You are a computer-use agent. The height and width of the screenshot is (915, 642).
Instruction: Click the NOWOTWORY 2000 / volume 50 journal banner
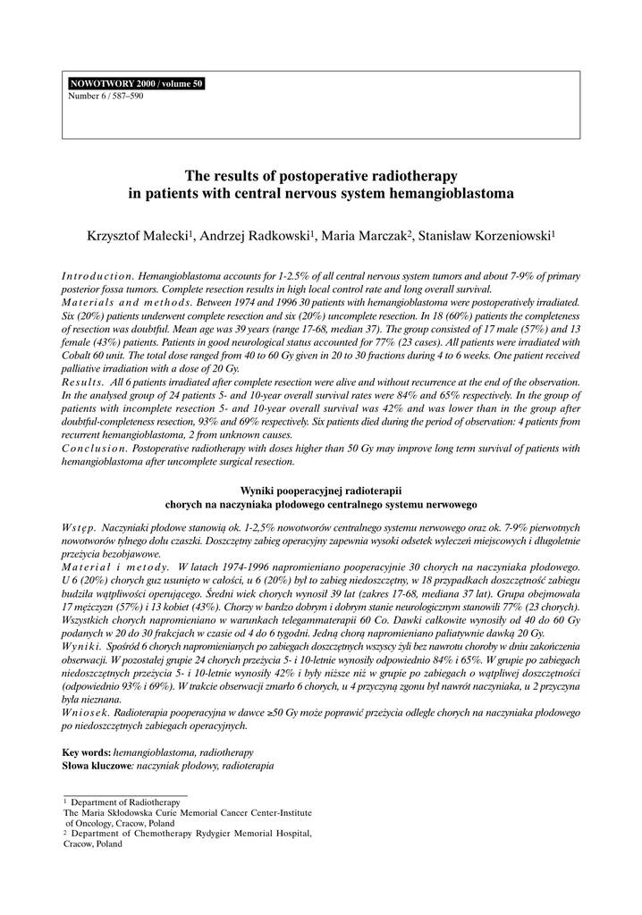click(x=136, y=84)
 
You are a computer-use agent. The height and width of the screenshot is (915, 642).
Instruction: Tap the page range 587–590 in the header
click(x=125, y=96)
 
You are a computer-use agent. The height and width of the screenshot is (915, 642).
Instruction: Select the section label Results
click(x=84, y=382)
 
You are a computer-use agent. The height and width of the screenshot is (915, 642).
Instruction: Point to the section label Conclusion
click(x=93, y=449)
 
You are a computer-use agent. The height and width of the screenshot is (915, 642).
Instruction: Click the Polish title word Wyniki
click(x=262, y=491)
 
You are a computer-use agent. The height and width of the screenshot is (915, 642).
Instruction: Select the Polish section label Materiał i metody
click(x=115, y=567)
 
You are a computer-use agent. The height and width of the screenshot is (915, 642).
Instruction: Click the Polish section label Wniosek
click(x=83, y=713)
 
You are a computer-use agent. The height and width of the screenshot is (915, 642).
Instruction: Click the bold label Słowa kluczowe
click(x=97, y=767)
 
